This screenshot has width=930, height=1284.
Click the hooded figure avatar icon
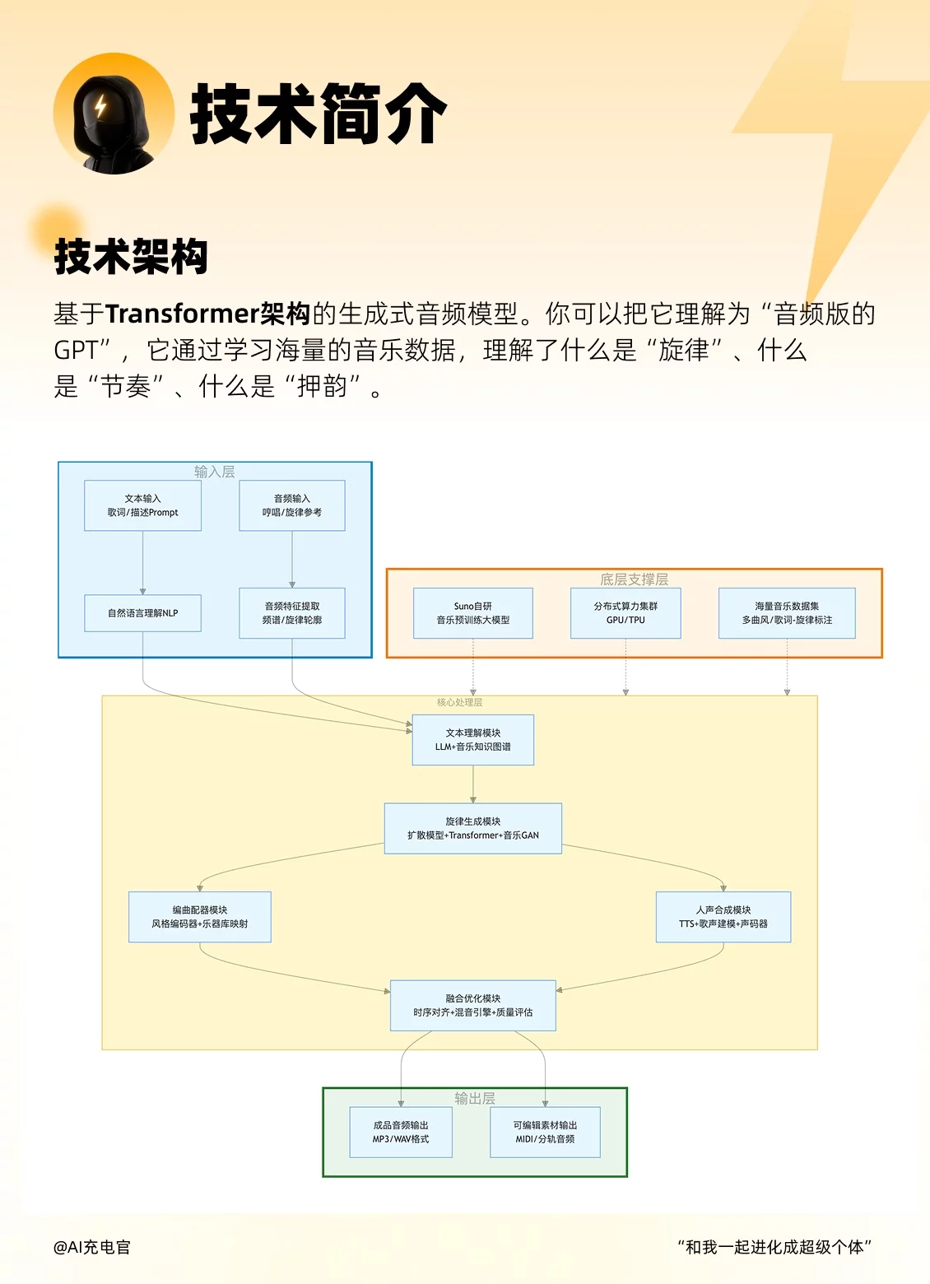coord(114,114)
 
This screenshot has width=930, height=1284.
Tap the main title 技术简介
coord(319,114)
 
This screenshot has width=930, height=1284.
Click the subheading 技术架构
coord(131,256)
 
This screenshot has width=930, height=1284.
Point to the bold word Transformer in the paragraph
coord(183,314)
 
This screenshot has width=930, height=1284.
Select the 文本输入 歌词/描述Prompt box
coord(142,505)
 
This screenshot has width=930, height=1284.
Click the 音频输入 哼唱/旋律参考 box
coord(292,505)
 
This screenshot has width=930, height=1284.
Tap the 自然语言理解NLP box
coord(142,613)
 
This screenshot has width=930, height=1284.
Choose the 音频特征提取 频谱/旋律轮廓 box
coord(292,613)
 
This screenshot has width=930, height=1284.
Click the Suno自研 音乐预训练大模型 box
coord(473,613)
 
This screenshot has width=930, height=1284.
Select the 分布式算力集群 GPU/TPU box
coord(625,613)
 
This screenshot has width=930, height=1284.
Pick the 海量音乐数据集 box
coord(787,613)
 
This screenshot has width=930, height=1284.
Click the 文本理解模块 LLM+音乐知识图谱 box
coord(473,740)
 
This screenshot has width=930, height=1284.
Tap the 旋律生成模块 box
coord(473,828)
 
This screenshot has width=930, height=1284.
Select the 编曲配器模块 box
coord(200,917)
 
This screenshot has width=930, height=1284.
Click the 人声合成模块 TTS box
coord(723,917)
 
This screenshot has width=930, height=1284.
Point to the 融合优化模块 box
coord(473,1005)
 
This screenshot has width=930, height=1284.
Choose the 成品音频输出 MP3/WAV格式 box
coord(401,1133)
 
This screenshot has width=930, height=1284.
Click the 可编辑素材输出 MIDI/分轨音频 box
coord(545,1133)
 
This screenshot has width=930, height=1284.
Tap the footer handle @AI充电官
coord(92,1247)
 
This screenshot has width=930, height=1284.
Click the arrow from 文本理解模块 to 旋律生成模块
coord(473,784)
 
